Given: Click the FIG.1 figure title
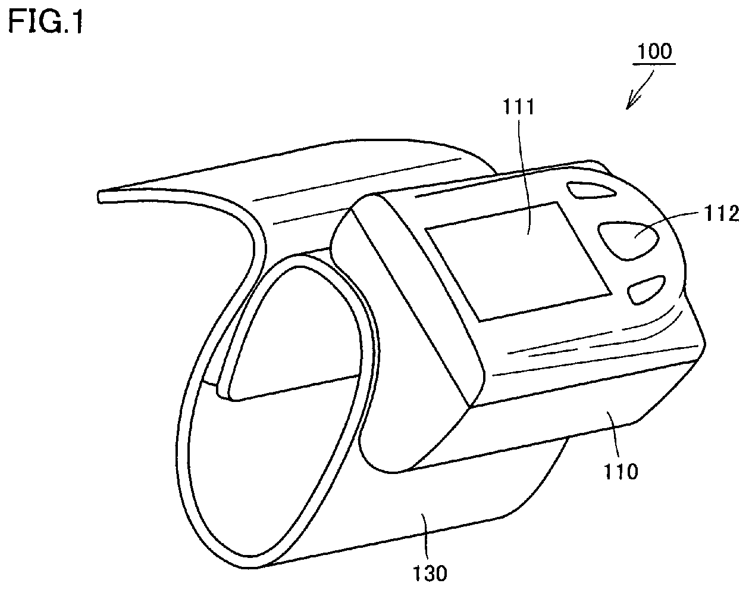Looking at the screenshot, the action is point(45,21).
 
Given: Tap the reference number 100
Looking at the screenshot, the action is point(654,51).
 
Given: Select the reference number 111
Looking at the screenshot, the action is point(519,107).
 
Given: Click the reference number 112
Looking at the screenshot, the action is point(722,213).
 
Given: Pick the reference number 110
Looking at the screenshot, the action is point(621,472).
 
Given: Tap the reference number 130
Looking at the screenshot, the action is point(430,573).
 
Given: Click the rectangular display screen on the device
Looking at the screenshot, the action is point(517,261).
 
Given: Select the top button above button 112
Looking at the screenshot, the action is point(591,190).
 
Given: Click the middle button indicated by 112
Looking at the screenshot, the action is point(628,241).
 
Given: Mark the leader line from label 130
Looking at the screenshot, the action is point(425,536).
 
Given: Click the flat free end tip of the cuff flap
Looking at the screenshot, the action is point(99,197).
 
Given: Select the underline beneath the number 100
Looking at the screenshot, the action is point(654,64).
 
